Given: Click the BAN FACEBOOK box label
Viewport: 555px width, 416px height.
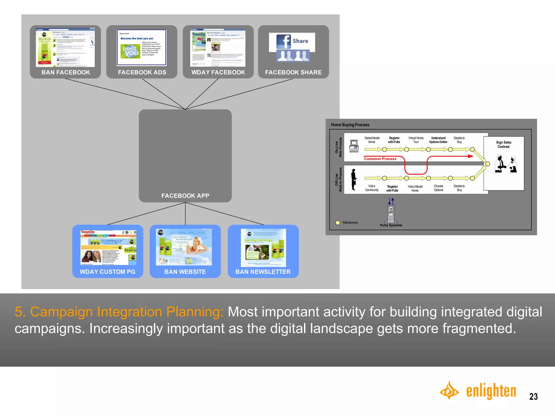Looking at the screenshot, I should [x=66, y=72].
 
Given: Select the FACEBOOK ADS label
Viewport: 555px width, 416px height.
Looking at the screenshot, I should [x=142, y=72].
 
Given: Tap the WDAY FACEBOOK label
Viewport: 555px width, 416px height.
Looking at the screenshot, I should [x=218, y=72].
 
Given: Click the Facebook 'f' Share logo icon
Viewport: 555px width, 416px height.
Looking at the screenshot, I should [x=283, y=41].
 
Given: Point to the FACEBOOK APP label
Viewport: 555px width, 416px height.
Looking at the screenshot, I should [x=185, y=196].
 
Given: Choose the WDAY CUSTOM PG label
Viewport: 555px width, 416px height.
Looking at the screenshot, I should [x=107, y=272].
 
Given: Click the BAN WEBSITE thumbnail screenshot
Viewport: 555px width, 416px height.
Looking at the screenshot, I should [x=184, y=247].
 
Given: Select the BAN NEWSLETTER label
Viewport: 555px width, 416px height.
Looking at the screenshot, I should [x=263, y=272].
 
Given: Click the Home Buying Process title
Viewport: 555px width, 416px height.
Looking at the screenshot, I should [x=350, y=125].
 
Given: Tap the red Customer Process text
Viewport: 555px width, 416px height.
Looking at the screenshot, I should [x=380, y=159].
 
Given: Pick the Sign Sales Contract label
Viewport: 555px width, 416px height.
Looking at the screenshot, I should [x=504, y=144].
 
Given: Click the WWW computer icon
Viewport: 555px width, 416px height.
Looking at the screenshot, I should [x=354, y=145].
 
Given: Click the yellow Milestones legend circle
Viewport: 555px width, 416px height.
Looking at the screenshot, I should [x=338, y=223].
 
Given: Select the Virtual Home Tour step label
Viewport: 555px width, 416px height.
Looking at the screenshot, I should [x=416, y=140].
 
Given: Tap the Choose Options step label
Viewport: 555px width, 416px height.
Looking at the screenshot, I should [x=438, y=188].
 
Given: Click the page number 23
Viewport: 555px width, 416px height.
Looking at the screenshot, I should [x=533, y=396].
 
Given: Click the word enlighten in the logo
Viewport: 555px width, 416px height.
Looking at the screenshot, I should [x=491, y=391].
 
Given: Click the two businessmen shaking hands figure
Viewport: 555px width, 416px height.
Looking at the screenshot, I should [x=505, y=164].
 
